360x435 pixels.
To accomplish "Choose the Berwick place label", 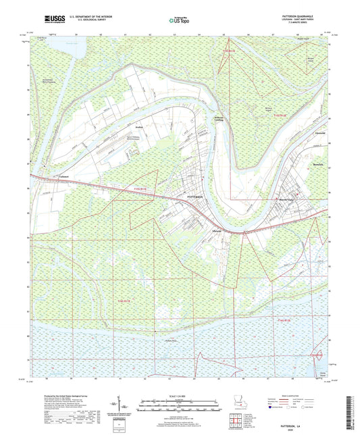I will tap(318, 164).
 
